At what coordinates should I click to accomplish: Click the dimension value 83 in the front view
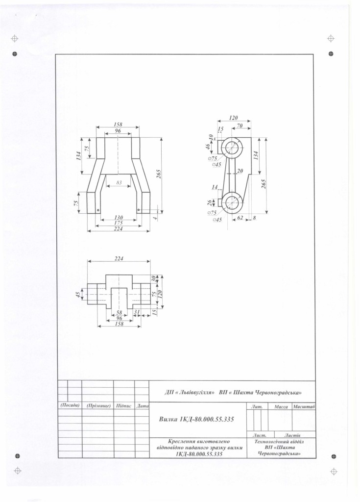click(119, 183)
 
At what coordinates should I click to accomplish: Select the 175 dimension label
click(119, 223)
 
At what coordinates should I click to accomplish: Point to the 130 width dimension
click(119, 218)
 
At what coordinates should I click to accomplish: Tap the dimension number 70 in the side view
click(240, 125)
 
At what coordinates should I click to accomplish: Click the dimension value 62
click(240, 218)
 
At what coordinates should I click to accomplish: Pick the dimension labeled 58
click(119, 313)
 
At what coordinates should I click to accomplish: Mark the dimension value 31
click(137, 312)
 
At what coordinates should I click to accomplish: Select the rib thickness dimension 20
click(240, 171)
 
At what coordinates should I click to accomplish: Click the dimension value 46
click(208, 146)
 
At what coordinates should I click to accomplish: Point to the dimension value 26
click(210, 203)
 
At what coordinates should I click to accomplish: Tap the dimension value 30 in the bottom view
click(154, 279)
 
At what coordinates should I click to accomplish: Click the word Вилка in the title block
click(168, 419)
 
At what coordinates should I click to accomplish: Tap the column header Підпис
click(124, 406)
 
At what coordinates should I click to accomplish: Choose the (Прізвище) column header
click(98, 406)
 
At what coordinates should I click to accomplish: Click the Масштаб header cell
click(304, 406)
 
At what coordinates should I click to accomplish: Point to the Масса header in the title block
click(281, 407)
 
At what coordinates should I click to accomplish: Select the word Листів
click(292, 435)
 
